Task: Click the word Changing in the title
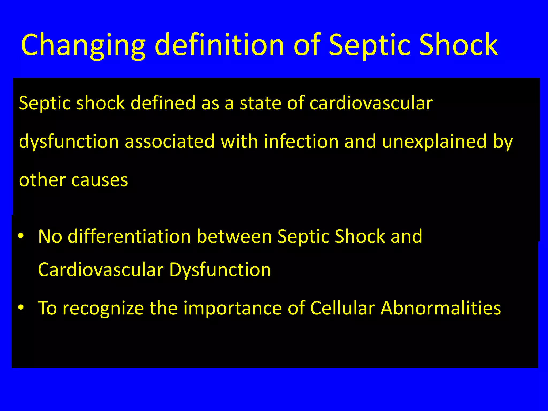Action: pos(83,45)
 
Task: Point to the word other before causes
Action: pos(42,180)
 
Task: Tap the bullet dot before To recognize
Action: pos(21,308)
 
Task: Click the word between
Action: pos(234,237)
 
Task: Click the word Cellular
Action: pos(342,308)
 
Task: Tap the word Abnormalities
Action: pos(440,308)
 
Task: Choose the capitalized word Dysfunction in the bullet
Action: pos(220,270)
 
